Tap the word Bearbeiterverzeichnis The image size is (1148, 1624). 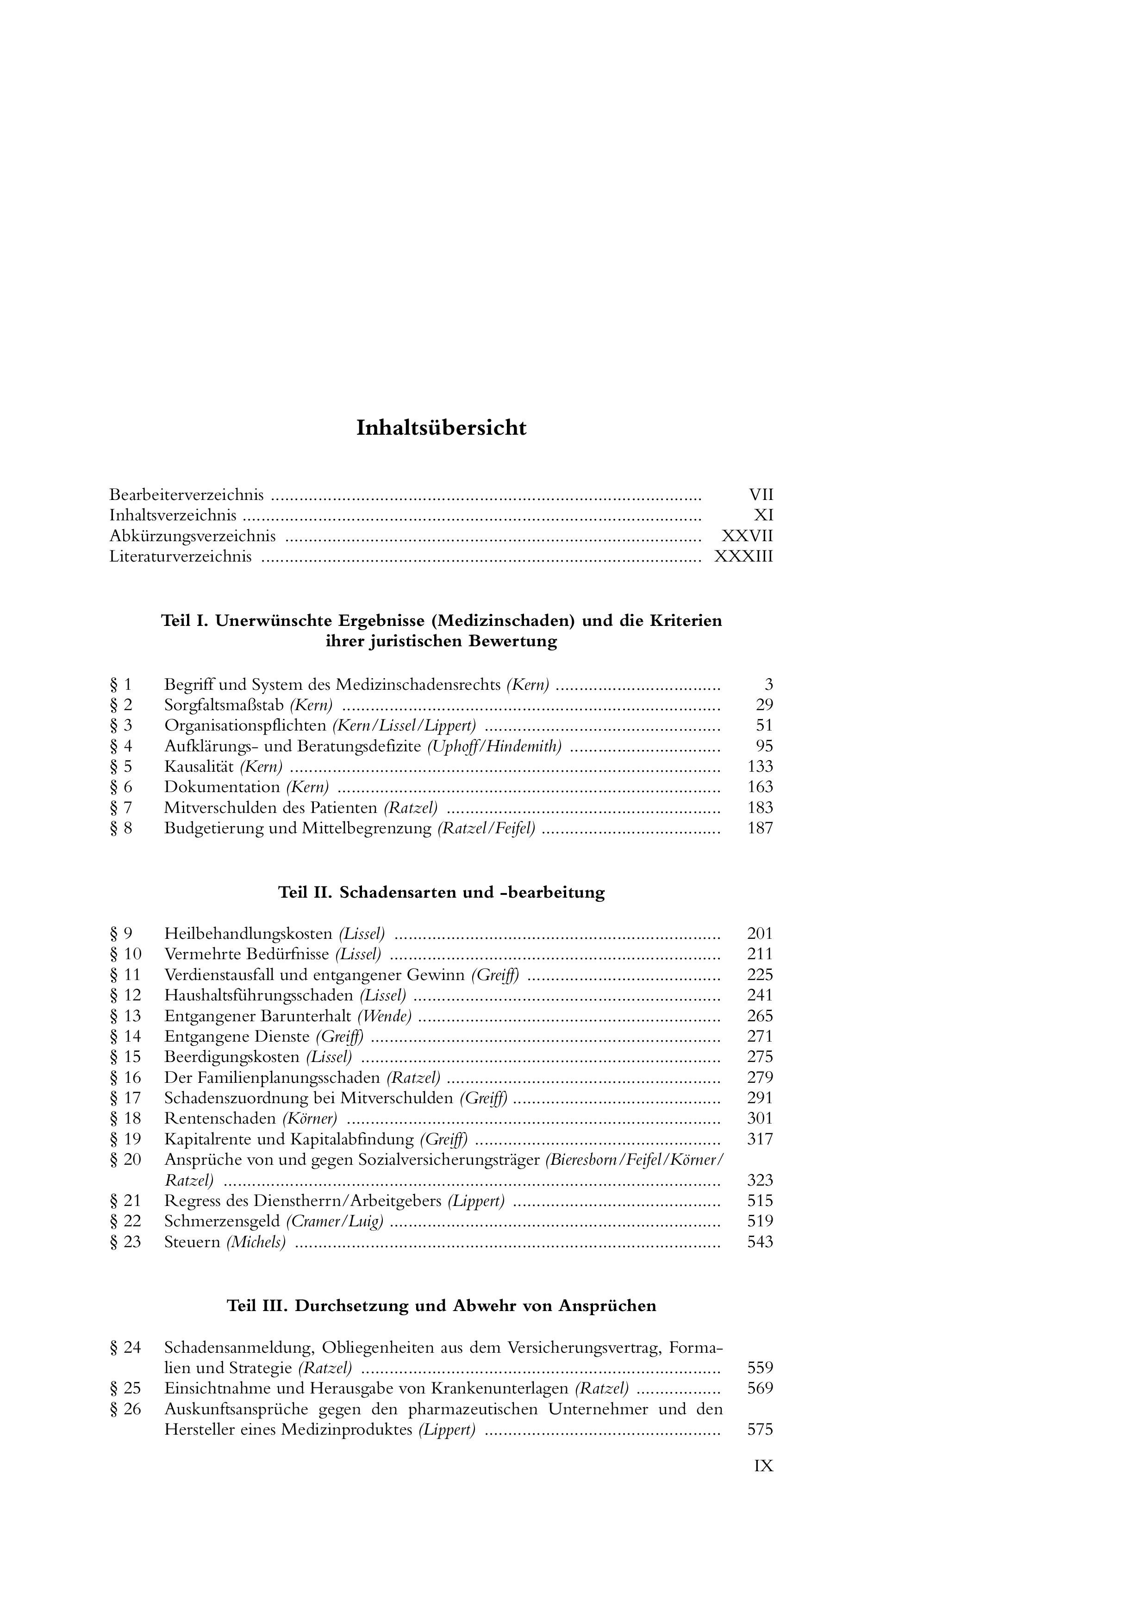pyautogui.click(x=187, y=495)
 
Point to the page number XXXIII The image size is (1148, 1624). pyautogui.click(x=743, y=556)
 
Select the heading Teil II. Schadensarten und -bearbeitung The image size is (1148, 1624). pyautogui.click(x=441, y=893)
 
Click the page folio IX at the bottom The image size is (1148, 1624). pyautogui.click(x=764, y=1466)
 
